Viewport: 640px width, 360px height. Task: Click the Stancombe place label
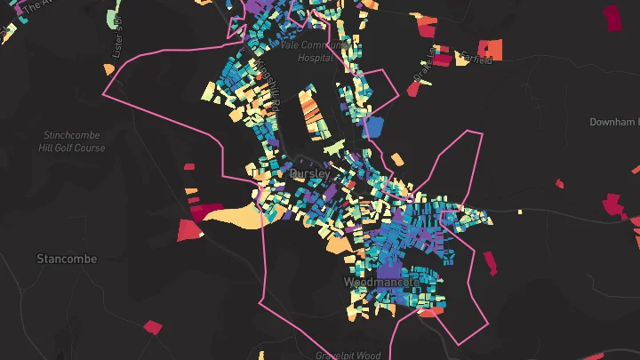pos(67,259)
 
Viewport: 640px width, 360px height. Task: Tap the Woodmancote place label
pos(380,282)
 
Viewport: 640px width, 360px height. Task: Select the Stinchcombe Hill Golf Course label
pos(74,141)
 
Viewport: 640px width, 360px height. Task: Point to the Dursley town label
pos(310,174)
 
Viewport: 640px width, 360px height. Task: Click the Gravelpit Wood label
pos(348,355)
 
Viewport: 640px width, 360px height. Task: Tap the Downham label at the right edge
pos(614,121)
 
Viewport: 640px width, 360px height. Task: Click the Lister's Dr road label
pos(116,44)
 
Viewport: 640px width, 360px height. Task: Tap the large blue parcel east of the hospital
pos(374,125)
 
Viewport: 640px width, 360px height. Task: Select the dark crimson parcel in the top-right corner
pos(612,17)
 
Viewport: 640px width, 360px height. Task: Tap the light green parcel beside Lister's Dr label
pos(112,17)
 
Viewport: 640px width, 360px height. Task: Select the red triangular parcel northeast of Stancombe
pos(189,230)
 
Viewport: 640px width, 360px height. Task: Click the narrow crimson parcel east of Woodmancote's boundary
pos(490,264)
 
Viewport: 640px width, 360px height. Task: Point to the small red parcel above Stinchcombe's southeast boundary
pos(188,165)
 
